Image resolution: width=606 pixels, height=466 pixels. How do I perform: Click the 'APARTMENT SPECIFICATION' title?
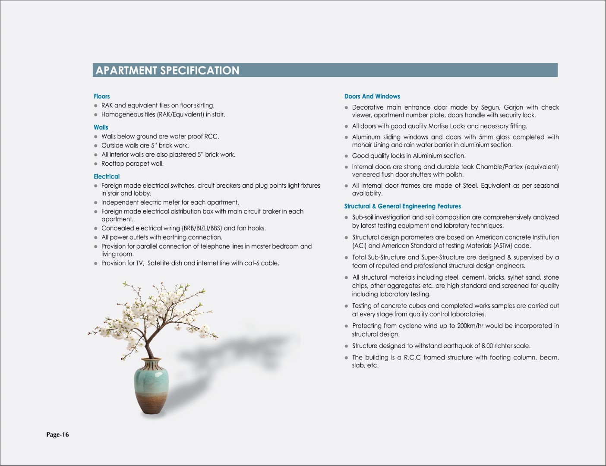tap(167, 70)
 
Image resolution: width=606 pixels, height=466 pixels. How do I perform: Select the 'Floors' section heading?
tap(102, 96)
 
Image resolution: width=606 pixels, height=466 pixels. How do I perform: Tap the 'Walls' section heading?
tap(101, 127)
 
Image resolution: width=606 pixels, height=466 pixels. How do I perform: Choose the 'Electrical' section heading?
tap(107, 176)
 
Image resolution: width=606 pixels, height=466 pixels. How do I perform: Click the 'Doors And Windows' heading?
tap(372, 96)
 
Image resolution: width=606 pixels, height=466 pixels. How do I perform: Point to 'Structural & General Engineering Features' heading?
tap(402, 206)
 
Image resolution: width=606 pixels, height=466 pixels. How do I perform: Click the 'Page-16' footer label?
tap(57, 435)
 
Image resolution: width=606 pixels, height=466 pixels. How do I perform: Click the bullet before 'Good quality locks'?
tap(346, 156)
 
